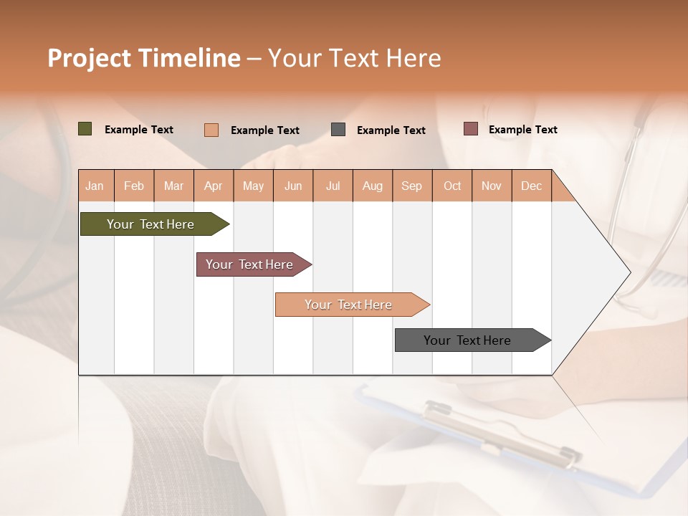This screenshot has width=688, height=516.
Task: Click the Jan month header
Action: click(95, 186)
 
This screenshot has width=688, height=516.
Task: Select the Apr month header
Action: click(214, 186)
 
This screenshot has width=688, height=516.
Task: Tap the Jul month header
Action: click(333, 186)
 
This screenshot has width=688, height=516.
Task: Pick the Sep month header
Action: click(411, 186)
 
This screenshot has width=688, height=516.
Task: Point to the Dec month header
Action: click(531, 186)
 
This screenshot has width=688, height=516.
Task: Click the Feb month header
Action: click(134, 186)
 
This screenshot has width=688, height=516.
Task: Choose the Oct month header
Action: click(452, 186)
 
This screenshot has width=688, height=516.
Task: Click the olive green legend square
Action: click(85, 129)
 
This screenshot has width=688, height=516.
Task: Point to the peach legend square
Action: click(211, 130)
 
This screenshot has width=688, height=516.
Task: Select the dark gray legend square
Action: click(338, 130)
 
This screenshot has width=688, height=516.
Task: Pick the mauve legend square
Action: click(471, 129)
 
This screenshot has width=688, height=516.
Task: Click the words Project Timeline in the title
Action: click(144, 58)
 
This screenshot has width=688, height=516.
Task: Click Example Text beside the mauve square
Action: click(522, 130)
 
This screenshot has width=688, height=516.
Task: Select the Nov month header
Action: click(492, 186)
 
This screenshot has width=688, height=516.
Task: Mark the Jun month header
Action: click(293, 186)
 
